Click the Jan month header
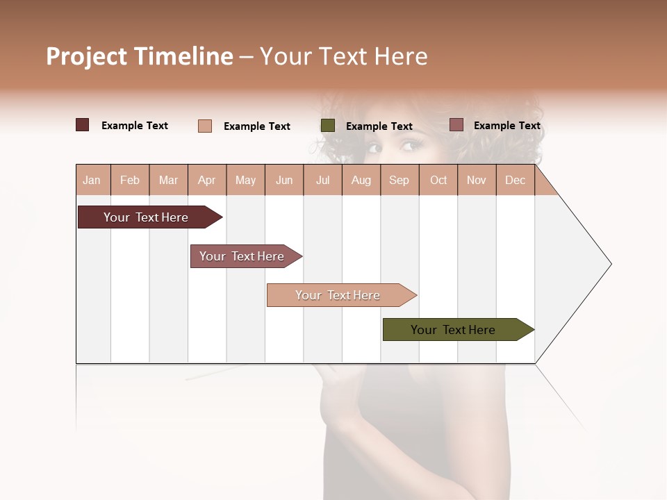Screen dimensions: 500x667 coord(92,181)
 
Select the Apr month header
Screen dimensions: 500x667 coord(206,181)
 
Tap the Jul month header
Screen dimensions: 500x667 coord(322,181)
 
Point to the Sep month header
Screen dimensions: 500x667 coord(399,181)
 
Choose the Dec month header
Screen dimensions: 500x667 coord(515,181)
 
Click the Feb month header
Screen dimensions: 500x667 coord(130,181)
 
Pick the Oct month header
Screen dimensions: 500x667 coord(438,181)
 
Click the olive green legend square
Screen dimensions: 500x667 coord(328,126)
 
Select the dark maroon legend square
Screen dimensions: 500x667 coord(83,125)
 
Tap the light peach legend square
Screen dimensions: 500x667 coord(205,126)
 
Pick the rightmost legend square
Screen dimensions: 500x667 coord(456,125)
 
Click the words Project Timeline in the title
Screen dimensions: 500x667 coord(140,56)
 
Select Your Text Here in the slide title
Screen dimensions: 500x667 coord(343,56)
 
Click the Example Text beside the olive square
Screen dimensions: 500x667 coord(379,126)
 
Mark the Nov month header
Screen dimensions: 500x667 coord(477,181)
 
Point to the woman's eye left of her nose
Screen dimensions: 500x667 coord(374,147)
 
